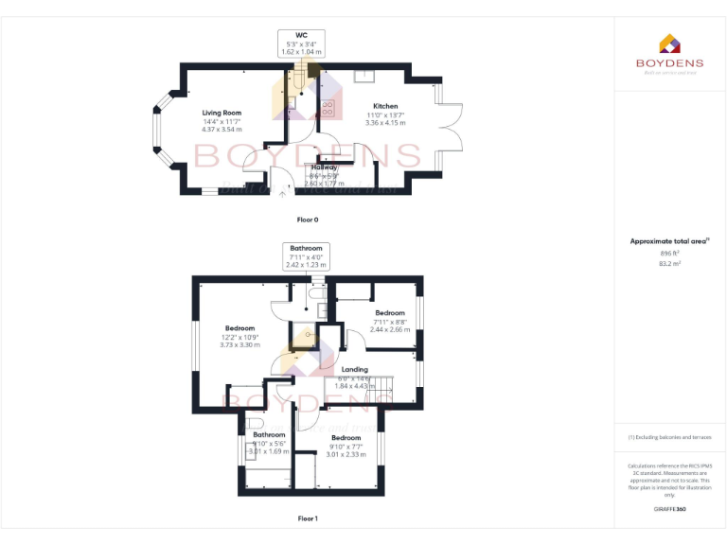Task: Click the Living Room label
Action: point(222,113)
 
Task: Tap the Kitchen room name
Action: point(385,106)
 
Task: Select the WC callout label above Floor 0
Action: point(302,35)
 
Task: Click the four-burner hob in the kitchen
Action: point(328,107)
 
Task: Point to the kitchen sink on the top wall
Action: point(364,75)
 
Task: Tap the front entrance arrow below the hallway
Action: point(282,194)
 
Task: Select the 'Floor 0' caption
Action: point(308,220)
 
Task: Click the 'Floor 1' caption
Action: point(308,519)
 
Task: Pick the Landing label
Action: point(355,369)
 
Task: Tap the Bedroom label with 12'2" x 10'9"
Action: point(240,328)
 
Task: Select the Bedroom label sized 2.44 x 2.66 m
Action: point(390,313)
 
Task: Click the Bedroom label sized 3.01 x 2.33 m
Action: point(346,438)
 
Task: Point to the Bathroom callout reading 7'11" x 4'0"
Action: point(306,248)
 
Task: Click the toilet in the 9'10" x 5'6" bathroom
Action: point(248,424)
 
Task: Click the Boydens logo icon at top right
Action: point(669,44)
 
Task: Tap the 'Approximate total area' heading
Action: point(669,241)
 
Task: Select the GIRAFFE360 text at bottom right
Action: point(669,509)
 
